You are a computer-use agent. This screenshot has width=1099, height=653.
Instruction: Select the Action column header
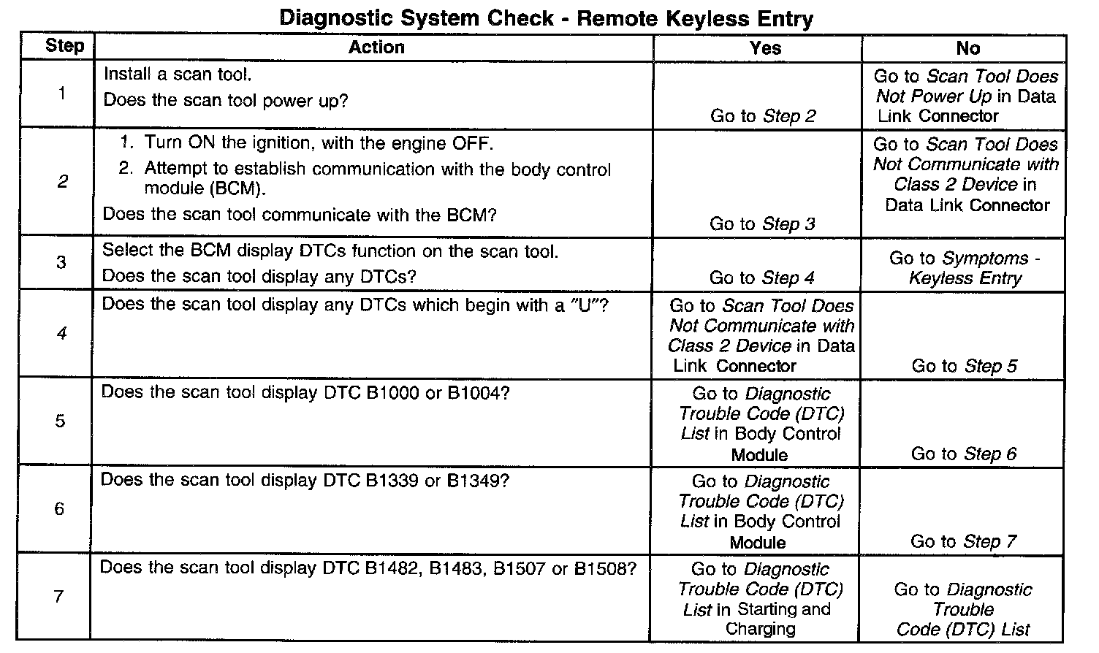(376, 47)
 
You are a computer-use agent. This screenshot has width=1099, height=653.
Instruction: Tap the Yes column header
(765, 48)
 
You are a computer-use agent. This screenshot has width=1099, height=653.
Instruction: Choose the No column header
(967, 48)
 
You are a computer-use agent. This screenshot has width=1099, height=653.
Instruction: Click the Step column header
(64, 46)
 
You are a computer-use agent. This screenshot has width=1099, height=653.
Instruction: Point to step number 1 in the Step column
(61, 93)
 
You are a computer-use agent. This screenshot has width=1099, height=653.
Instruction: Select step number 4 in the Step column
(61, 333)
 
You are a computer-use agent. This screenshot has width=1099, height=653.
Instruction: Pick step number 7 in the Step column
(59, 596)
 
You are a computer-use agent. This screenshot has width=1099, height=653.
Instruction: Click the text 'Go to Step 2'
(763, 115)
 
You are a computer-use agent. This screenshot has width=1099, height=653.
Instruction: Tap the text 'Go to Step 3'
(762, 224)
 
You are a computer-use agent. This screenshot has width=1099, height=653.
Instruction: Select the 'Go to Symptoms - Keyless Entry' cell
(965, 268)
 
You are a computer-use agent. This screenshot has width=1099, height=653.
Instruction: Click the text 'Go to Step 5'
(964, 365)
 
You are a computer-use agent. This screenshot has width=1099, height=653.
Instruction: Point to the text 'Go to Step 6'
(963, 453)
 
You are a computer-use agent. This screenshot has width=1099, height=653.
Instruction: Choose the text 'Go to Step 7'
(963, 541)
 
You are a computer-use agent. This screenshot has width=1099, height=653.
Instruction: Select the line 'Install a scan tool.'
(178, 74)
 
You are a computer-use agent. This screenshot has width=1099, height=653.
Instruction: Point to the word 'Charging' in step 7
(760, 628)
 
